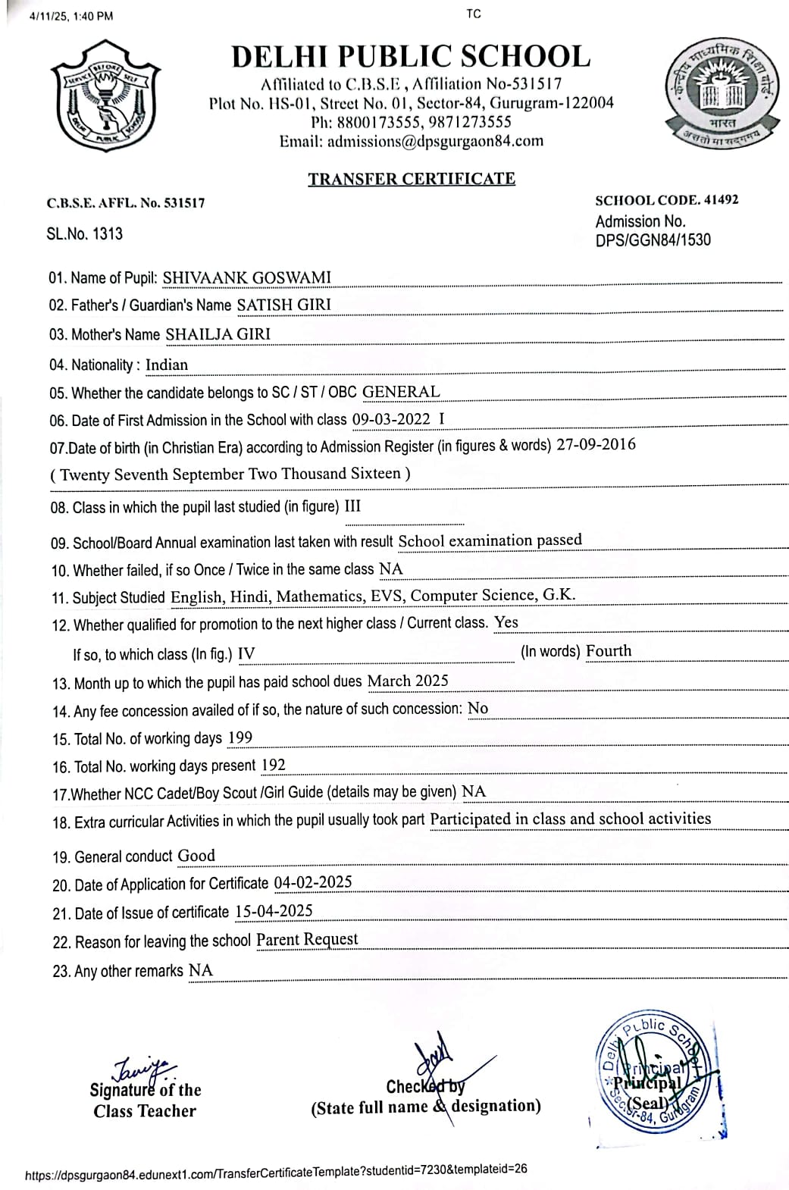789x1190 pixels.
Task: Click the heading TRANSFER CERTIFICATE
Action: coord(412,179)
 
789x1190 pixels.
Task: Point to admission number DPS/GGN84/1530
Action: coord(653,240)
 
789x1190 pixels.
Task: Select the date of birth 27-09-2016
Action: coord(596,445)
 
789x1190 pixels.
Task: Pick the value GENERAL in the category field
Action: coord(401,392)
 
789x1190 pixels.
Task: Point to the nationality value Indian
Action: coord(167,365)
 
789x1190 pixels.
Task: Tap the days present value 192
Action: coord(273,765)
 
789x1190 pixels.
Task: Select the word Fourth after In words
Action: coord(609,650)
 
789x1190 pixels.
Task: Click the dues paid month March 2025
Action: coord(408,681)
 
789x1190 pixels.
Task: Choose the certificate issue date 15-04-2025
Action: coord(274,911)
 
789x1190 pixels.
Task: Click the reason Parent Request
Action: coord(307,940)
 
